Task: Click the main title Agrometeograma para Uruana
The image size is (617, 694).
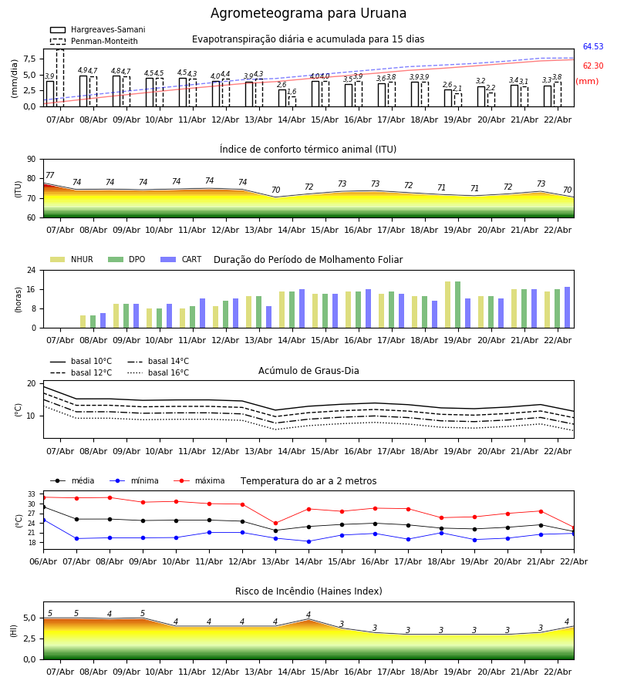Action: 308,14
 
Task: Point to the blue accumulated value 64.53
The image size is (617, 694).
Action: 592,47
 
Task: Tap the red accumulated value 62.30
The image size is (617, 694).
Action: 592,66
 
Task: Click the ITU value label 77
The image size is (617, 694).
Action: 50,176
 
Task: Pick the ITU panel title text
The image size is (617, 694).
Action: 308,150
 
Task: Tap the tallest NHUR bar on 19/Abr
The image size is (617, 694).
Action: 447,305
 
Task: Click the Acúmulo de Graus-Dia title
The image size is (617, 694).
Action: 308,371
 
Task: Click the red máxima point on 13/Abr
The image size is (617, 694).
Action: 275,523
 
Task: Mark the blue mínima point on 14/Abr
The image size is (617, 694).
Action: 308,541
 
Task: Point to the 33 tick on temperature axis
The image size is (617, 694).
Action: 32,494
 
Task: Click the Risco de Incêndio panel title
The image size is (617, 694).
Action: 308,591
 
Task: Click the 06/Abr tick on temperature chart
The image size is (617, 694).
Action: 43,561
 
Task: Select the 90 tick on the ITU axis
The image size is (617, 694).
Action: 30,160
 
